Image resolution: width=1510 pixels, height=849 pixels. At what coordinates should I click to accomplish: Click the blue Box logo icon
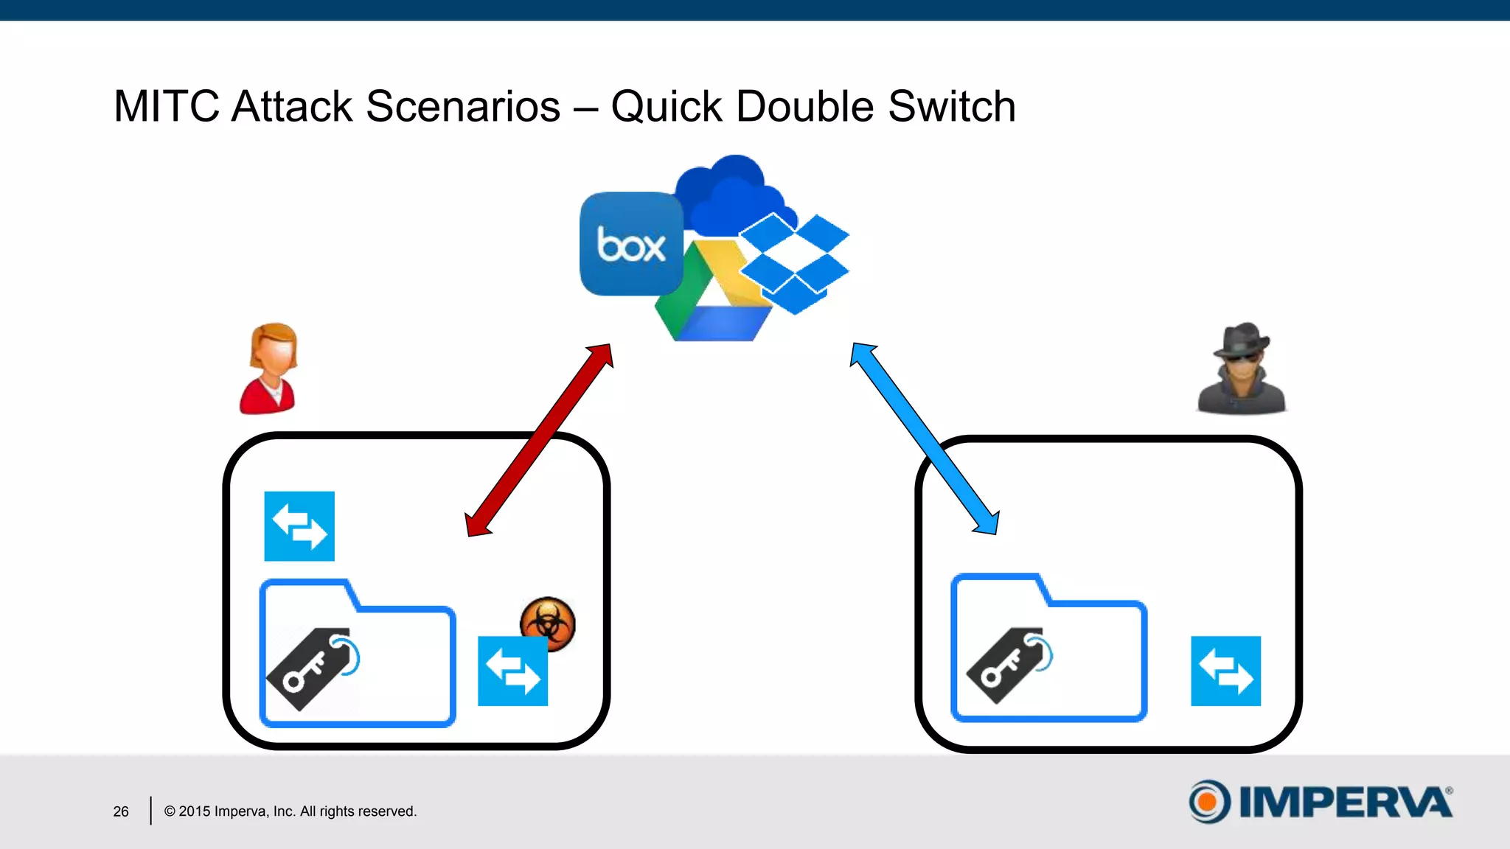click(631, 244)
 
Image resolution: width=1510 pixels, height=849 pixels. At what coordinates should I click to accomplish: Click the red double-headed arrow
click(539, 440)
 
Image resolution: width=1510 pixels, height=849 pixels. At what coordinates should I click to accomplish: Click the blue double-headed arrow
click(925, 439)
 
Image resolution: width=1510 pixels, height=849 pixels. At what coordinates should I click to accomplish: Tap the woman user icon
click(270, 368)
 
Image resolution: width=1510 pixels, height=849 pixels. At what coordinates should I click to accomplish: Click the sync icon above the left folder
click(299, 526)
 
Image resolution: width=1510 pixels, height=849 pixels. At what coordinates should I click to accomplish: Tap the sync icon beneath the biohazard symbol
click(512, 671)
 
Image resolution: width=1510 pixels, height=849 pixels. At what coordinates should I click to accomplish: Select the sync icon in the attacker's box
click(1225, 671)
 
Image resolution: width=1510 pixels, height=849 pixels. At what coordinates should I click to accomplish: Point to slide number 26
click(121, 811)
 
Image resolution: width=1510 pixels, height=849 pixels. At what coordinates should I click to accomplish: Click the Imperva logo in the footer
click(1320, 802)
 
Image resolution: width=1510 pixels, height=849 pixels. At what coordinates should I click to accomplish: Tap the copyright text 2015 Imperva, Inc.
click(290, 811)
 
